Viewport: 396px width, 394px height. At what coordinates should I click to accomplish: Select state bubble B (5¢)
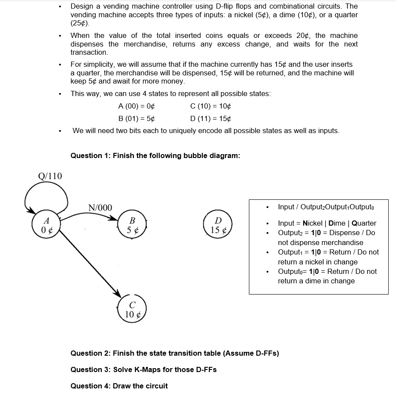click(132, 224)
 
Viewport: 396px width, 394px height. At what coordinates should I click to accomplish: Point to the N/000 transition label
click(100, 208)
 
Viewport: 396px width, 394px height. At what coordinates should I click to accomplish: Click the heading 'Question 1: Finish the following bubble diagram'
click(155, 155)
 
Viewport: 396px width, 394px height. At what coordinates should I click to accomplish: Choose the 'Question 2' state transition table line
click(175, 354)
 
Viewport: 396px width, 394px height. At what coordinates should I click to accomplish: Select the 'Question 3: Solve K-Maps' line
click(144, 369)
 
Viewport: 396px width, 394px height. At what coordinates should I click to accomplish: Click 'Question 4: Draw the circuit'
click(119, 385)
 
